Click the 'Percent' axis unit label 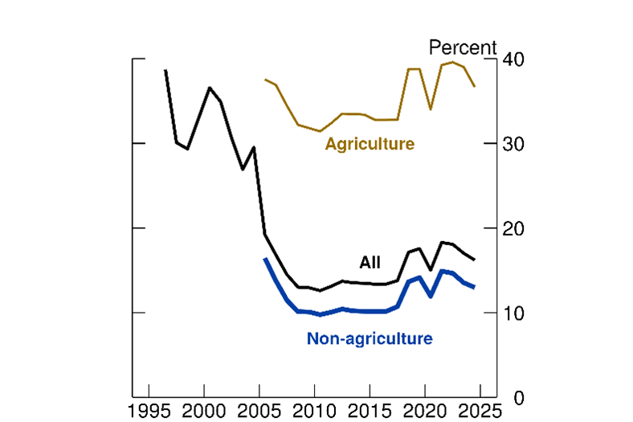tap(464, 47)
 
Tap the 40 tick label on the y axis tap(514, 60)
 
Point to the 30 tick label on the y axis tap(514, 144)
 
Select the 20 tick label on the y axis tap(514, 228)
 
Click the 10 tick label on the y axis tap(514, 313)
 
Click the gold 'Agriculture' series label tap(370, 145)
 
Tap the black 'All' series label tap(370, 262)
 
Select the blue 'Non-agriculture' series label tap(370, 338)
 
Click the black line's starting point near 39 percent tap(165, 71)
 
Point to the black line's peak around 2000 tap(210, 88)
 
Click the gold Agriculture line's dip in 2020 tap(431, 109)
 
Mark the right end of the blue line tap(474, 287)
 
